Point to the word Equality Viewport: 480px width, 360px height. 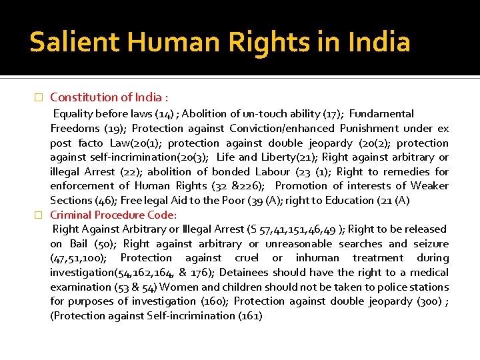pos(75,114)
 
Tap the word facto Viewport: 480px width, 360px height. pos(90,143)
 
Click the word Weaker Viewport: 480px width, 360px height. pos(429,185)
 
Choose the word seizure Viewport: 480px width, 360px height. pos(431,243)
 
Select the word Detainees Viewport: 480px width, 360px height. pos(245,272)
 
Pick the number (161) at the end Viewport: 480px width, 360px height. pos(250,315)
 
